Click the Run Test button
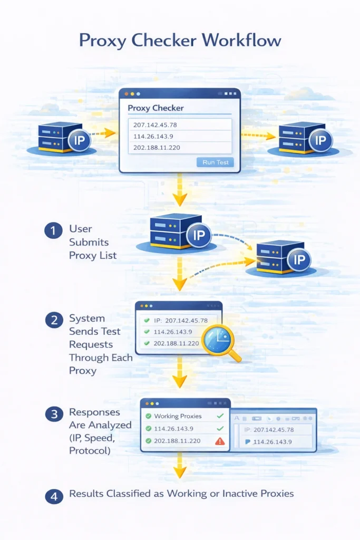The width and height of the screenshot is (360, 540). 216,162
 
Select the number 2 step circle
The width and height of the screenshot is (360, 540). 53,320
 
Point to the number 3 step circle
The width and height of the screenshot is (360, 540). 53,414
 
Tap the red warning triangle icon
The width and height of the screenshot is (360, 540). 220,441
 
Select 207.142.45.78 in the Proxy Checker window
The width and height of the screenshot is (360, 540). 156,124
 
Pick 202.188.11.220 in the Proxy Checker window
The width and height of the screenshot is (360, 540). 157,147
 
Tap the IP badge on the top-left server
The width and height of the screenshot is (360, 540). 79,141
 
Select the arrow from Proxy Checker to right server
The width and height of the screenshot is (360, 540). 258,136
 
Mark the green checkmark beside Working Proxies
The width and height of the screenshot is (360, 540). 220,416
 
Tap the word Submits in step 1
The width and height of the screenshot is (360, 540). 89,242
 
